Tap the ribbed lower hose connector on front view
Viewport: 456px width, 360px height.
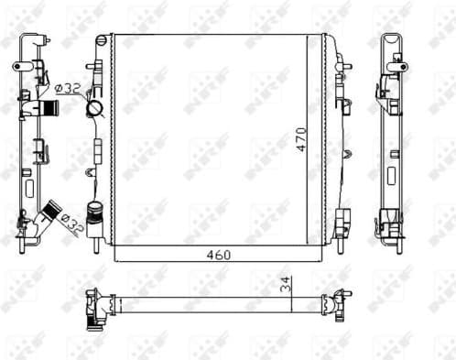(x=94, y=210)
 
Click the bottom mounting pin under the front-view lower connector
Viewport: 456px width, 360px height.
(x=95, y=245)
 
